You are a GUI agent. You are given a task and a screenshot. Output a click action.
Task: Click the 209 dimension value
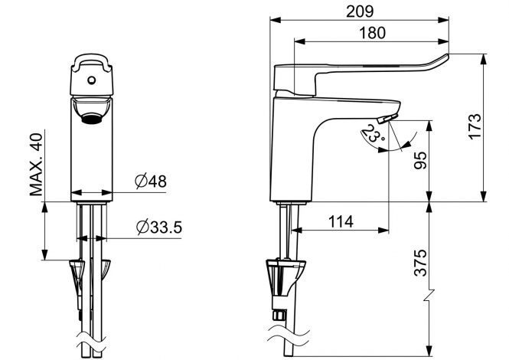[360, 11]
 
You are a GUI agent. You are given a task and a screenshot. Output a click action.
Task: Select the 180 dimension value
[373, 33]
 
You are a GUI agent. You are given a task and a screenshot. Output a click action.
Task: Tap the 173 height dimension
[475, 126]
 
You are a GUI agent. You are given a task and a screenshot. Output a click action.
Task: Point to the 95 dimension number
[421, 160]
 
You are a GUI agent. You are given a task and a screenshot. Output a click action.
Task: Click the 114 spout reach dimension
[341, 222]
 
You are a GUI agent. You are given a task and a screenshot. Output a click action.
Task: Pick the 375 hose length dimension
[421, 263]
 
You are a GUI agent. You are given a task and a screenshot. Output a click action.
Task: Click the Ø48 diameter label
[151, 182]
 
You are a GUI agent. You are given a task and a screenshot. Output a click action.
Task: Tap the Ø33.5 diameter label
[159, 227]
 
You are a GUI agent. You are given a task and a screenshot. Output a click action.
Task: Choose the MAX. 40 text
[37, 165]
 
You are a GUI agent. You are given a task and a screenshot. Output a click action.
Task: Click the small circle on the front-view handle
[92, 80]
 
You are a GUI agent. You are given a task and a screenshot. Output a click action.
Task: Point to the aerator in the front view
[92, 118]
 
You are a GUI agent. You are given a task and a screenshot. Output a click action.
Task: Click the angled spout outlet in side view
[387, 119]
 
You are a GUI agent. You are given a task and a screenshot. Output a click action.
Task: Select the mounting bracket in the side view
[285, 277]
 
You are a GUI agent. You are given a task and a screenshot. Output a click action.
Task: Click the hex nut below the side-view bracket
[280, 314]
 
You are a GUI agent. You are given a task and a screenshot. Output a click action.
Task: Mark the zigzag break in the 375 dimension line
[429, 294]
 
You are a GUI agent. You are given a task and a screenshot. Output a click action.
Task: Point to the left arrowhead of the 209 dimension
[275, 20]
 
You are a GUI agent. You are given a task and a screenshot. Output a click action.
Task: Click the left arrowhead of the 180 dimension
[299, 41]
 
